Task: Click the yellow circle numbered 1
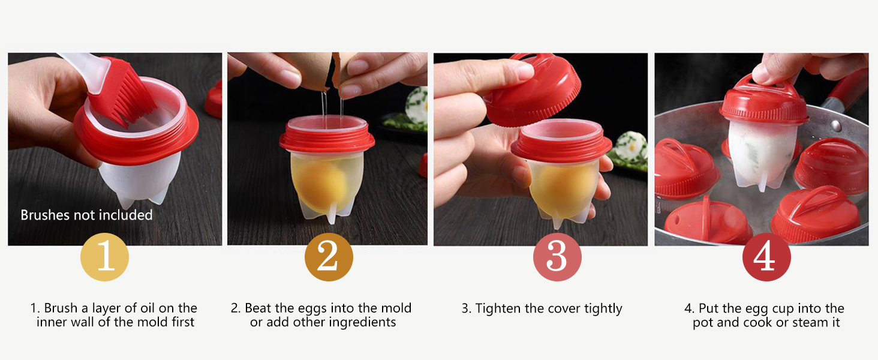tap(105, 257)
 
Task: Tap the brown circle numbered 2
tap(329, 257)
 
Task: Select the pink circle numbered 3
tap(557, 257)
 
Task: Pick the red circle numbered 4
tap(766, 257)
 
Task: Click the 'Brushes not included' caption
tap(86, 215)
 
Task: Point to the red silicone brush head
tap(122, 92)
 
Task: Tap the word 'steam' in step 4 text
tap(810, 323)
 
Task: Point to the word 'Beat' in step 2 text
tap(258, 308)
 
